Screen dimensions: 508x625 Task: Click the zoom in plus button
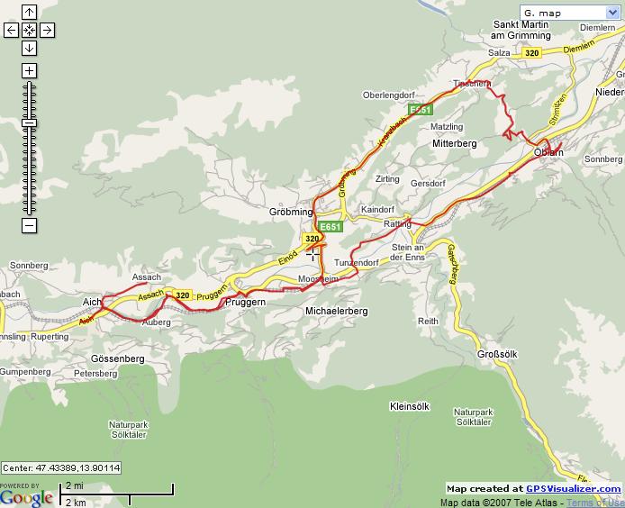pyautogui.click(x=29, y=70)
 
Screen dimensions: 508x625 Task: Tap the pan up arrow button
pyautogui.click(x=29, y=13)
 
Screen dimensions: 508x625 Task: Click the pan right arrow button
pyautogui.click(x=47, y=30)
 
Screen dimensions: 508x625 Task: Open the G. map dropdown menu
pyautogui.click(x=570, y=13)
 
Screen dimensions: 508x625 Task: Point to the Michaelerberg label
pyautogui.click(x=337, y=311)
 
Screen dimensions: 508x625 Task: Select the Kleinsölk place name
pyautogui.click(x=413, y=405)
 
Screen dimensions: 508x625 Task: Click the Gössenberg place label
pyautogui.click(x=118, y=358)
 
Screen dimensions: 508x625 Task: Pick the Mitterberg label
pyautogui.click(x=454, y=143)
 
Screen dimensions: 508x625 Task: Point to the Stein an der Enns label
pyautogui.click(x=408, y=252)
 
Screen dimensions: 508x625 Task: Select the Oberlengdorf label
pyautogui.click(x=387, y=95)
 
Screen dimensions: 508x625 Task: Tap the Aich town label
pyautogui.click(x=92, y=302)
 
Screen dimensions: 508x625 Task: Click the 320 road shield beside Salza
pyautogui.click(x=531, y=53)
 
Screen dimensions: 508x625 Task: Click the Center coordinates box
pyautogui.click(x=61, y=468)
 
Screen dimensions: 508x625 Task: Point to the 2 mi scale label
pyautogui.click(x=75, y=485)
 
